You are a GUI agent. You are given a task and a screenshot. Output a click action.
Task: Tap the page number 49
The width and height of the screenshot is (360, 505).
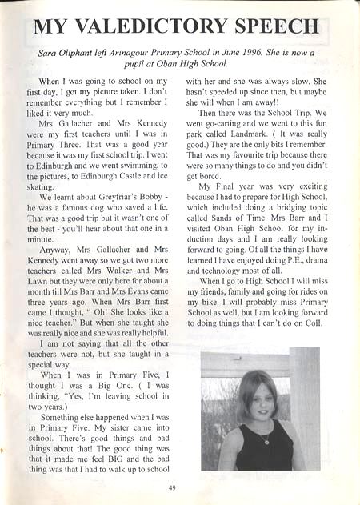tap(172, 487)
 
